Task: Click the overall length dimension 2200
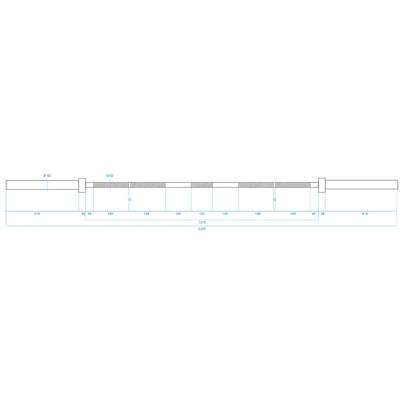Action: click(202, 229)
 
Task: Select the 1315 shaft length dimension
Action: click(202, 222)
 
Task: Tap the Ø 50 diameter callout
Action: click(47, 176)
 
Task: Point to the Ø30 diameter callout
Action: click(110, 176)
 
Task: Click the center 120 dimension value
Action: click(202, 214)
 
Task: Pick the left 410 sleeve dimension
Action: click(37, 214)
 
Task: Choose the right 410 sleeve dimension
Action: click(365, 214)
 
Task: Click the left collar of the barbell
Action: click(82, 185)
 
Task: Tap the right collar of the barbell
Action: click(322, 185)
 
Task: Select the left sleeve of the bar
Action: click(42, 185)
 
